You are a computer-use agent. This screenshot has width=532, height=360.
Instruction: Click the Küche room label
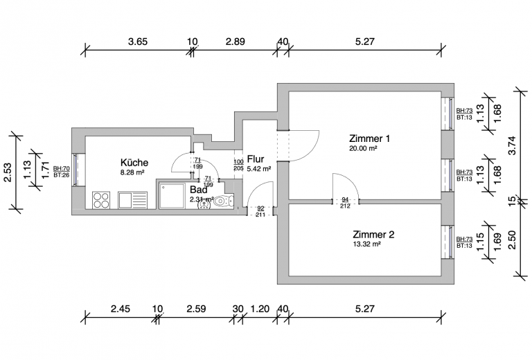coord(134,163)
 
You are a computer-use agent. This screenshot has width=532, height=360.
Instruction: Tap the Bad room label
coord(199,190)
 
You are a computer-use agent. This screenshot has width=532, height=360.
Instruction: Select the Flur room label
coord(256,159)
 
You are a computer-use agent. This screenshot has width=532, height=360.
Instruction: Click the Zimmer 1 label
coord(369,138)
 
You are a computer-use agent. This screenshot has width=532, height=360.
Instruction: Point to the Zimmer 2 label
coord(373,234)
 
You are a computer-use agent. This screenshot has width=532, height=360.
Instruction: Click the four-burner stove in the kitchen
coord(101,200)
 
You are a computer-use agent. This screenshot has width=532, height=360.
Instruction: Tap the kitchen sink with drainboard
coord(133,200)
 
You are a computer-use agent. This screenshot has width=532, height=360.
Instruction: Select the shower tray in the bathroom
coord(172,197)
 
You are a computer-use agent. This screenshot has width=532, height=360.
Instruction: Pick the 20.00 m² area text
coord(364,148)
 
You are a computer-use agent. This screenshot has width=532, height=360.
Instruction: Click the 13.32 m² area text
coord(366,244)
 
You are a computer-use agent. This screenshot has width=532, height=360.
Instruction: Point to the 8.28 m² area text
coord(132,172)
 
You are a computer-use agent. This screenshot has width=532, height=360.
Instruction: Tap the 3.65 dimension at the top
coord(138,42)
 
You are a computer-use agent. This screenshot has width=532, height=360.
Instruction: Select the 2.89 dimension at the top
coord(235,42)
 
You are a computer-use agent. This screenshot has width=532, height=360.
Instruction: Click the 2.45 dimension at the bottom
coord(121,309)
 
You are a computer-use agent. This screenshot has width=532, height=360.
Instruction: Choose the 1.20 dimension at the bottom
coord(260,309)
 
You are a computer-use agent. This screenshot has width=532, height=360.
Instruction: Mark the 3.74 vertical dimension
coord(513,145)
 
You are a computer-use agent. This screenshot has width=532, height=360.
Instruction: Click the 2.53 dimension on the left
coord(8,172)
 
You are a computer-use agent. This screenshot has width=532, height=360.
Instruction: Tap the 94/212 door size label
coord(345,202)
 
